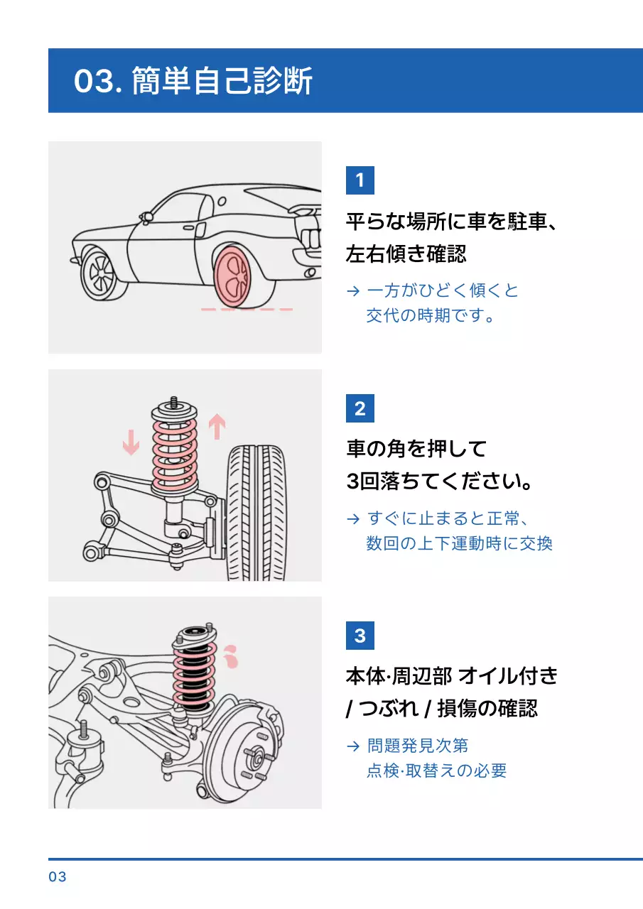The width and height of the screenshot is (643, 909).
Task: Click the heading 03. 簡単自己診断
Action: [x=193, y=82]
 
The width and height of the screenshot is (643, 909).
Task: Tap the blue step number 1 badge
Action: [x=360, y=180]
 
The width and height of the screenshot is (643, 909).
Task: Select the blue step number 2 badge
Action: [x=360, y=408]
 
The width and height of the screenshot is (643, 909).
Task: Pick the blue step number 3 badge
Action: [x=360, y=635]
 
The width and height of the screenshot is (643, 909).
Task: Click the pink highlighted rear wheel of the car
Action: [x=234, y=277]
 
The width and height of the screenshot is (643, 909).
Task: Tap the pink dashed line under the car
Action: [x=247, y=310]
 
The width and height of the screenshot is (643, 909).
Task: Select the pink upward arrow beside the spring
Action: [x=217, y=427]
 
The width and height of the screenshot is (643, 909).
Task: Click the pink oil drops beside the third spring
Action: [x=229, y=658]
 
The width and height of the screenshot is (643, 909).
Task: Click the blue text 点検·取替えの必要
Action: [x=436, y=771]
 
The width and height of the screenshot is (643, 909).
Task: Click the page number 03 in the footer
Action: [x=58, y=877]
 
